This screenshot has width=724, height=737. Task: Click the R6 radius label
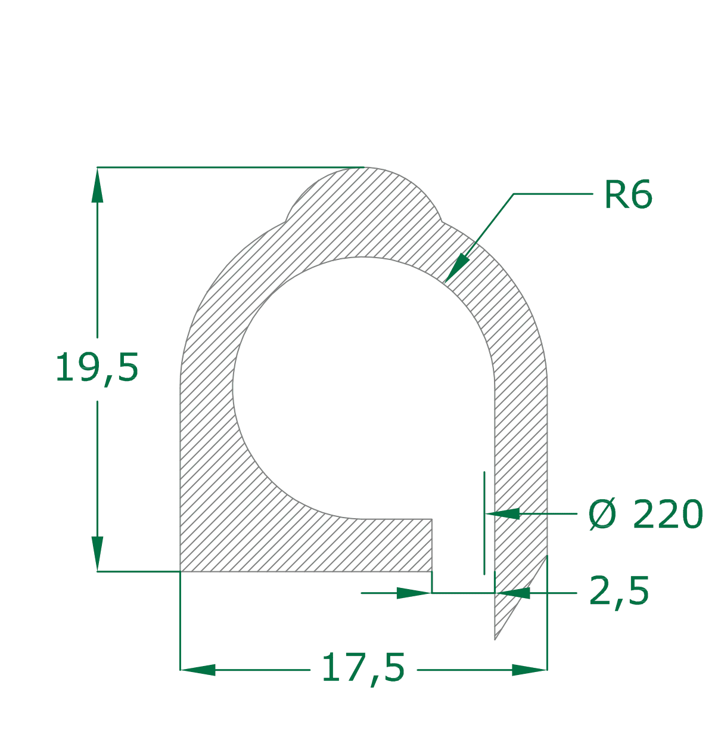pyautogui.click(x=628, y=194)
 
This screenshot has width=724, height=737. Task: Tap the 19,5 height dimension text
pyautogui.click(x=97, y=368)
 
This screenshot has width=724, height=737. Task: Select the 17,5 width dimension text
pyautogui.click(x=363, y=668)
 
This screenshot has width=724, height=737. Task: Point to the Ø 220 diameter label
pyautogui.click(x=645, y=514)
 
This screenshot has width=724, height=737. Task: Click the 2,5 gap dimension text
pyautogui.click(x=619, y=591)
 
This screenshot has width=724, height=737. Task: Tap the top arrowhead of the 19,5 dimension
pyautogui.click(x=98, y=185)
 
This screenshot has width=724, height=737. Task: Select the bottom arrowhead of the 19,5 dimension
pyautogui.click(x=98, y=554)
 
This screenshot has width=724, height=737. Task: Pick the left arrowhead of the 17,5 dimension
pyautogui.click(x=198, y=670)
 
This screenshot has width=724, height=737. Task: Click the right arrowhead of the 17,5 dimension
pyautogui.click(x=529, y=670)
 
